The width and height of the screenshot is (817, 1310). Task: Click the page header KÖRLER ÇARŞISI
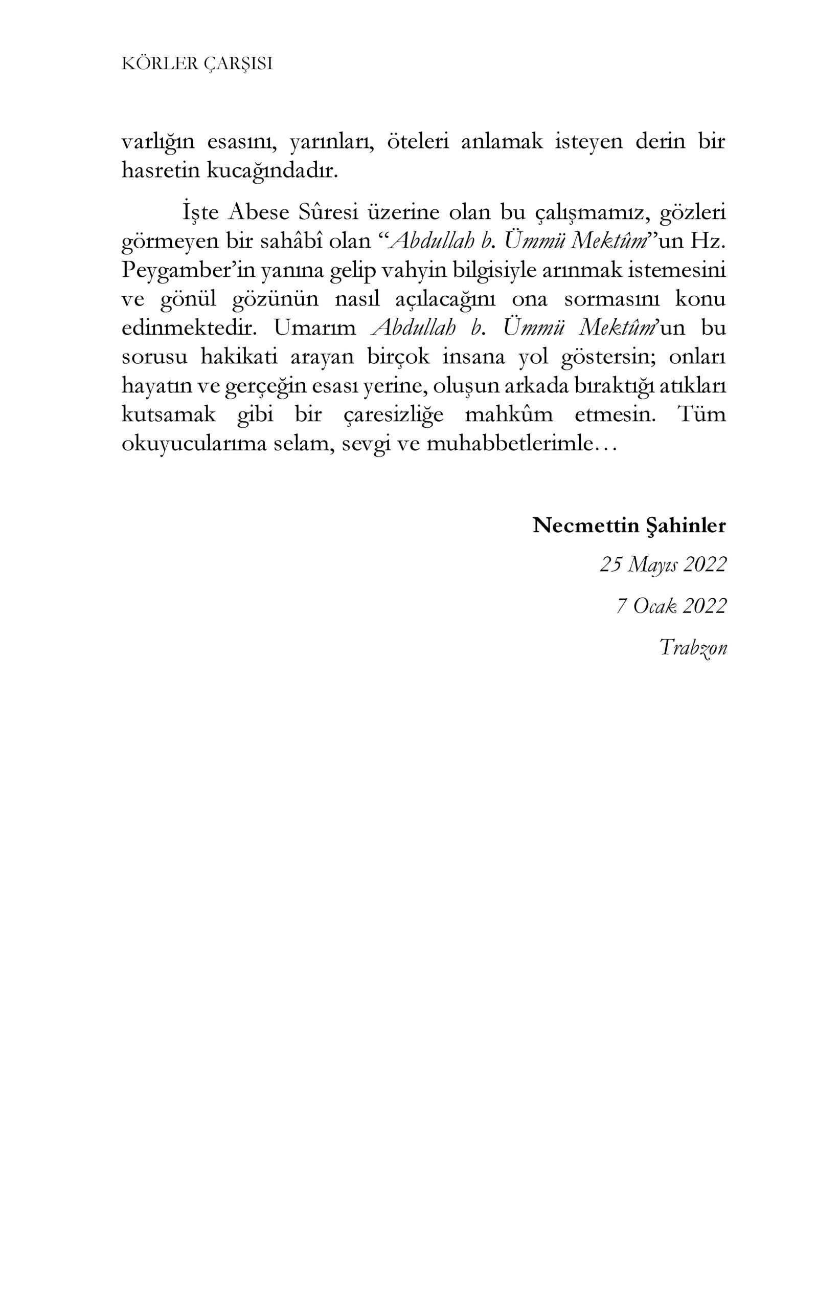click(197, 64)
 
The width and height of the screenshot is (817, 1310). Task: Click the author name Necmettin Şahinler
click(629, 525)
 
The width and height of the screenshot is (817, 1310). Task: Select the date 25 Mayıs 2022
click(663, 564)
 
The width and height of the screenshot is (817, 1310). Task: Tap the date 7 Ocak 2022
click(671, 605)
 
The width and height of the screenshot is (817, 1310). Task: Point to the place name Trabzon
click(693, 647)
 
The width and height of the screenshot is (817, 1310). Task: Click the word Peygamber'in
click(188, 270)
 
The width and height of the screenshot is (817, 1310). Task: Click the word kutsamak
click(169, 414)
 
